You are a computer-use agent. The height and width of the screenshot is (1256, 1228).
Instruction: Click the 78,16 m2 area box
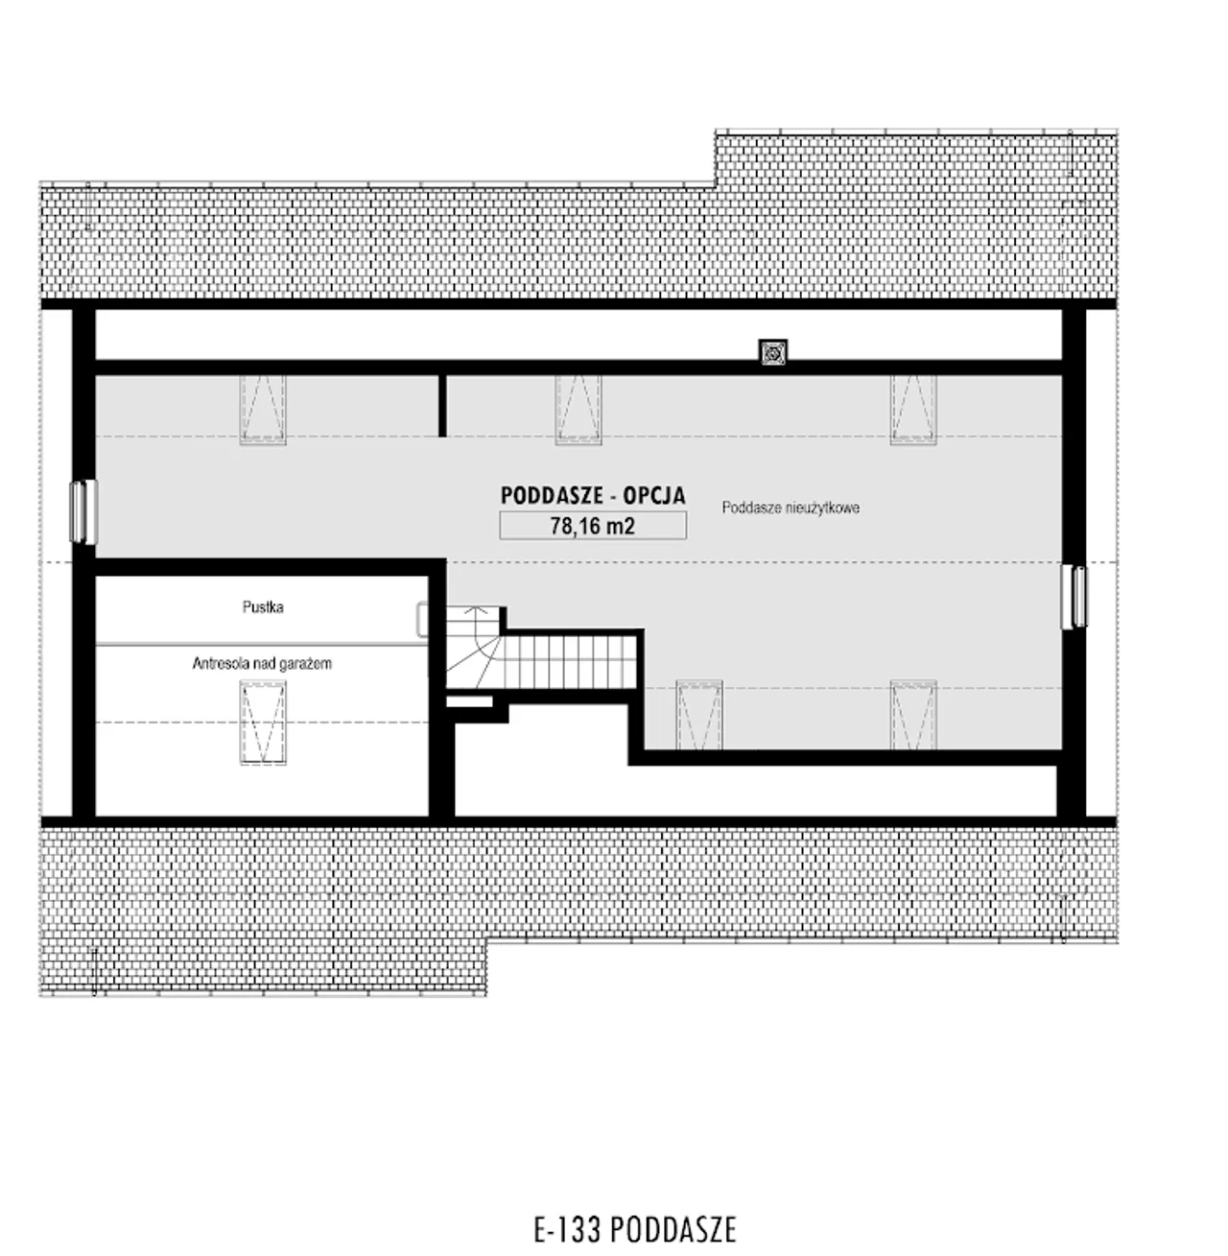pos(592,526)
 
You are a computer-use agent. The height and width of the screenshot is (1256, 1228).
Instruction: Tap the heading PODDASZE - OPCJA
pos(592,495)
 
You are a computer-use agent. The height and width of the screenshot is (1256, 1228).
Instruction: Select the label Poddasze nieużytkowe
pos(791,508)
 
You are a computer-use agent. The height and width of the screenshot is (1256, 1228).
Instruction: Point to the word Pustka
pos(263,606)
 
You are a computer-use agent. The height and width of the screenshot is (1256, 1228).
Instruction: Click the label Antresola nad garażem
pos(262,663)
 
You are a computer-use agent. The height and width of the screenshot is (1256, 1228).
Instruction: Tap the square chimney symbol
pos(772,353)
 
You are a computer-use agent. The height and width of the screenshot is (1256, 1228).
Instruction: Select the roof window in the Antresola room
pos(263,723)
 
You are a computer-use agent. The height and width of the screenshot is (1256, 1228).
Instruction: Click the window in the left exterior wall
pos(83,511)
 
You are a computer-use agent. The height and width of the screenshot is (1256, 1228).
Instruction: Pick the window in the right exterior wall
pos(1075,597)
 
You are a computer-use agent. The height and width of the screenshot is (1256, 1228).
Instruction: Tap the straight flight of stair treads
pos(571,663)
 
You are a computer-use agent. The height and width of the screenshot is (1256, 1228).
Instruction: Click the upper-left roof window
pos(263,410)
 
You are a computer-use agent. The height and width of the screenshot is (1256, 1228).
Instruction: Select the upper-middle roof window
pos(579,410)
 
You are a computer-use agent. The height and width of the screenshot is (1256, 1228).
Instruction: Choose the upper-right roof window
pos(913,410)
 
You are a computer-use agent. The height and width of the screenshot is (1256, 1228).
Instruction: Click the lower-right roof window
pos(913,715)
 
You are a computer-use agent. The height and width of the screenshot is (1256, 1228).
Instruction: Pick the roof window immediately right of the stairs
pos(699,715)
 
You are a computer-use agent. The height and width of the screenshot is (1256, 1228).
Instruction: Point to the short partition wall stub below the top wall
pos(442,405)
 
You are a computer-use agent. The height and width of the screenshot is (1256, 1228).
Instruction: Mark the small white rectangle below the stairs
pos(469,701)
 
